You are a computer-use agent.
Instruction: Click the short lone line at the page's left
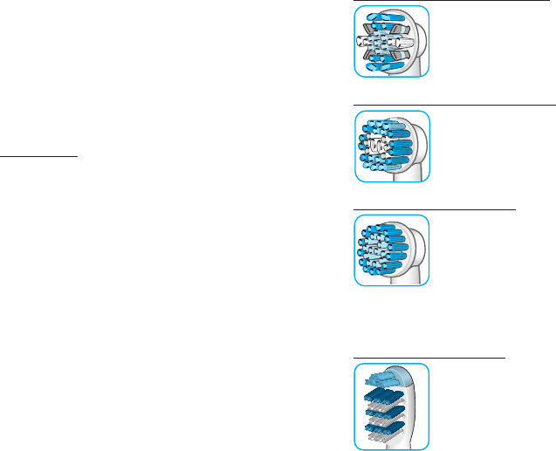coord(51,158)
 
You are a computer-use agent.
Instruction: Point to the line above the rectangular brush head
coord(429,358)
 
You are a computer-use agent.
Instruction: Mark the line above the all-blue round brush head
coord(435,210)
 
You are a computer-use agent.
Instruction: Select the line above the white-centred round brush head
coord(454,104)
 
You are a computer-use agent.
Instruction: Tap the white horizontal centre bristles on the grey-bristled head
coord(385,41)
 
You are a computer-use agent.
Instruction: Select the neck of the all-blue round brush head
coord(421,271)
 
